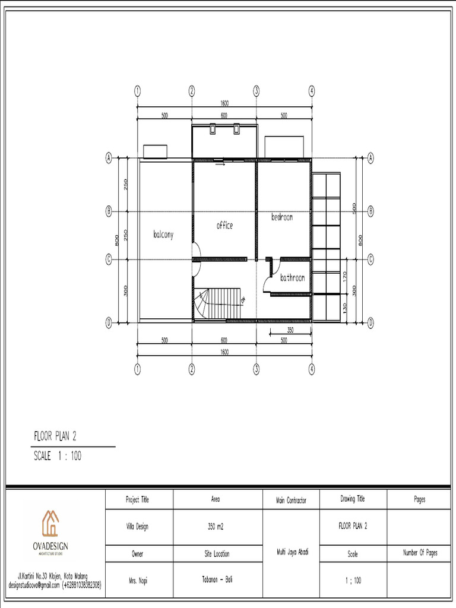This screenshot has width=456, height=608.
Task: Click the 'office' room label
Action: pos(224,226)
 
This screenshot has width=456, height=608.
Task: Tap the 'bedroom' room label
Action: pos(282,217)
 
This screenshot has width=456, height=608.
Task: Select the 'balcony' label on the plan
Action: pos(163,235)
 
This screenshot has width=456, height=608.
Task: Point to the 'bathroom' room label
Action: pos(293,277)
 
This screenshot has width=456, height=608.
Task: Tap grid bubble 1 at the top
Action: pos(137,91)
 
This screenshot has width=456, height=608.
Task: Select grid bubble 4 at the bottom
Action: pos(312,369)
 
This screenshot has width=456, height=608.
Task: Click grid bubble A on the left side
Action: pos(109,158)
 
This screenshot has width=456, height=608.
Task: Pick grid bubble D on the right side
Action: pos(370,323)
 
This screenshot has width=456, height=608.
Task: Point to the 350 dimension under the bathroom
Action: pos(290,330)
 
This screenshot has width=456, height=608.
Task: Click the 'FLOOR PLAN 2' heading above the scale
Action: pos(55,437)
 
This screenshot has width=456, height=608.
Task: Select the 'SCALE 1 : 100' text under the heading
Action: pos(57,456)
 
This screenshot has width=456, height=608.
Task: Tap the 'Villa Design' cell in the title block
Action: pos(137,527)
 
